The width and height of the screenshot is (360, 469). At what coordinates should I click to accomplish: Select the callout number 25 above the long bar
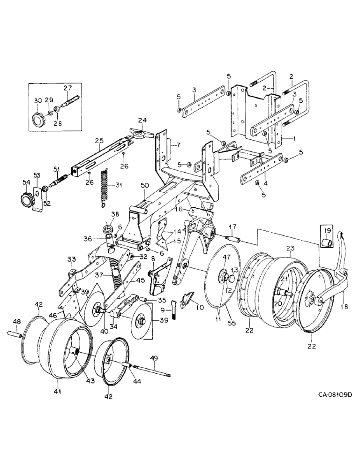[x=98, y=141]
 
